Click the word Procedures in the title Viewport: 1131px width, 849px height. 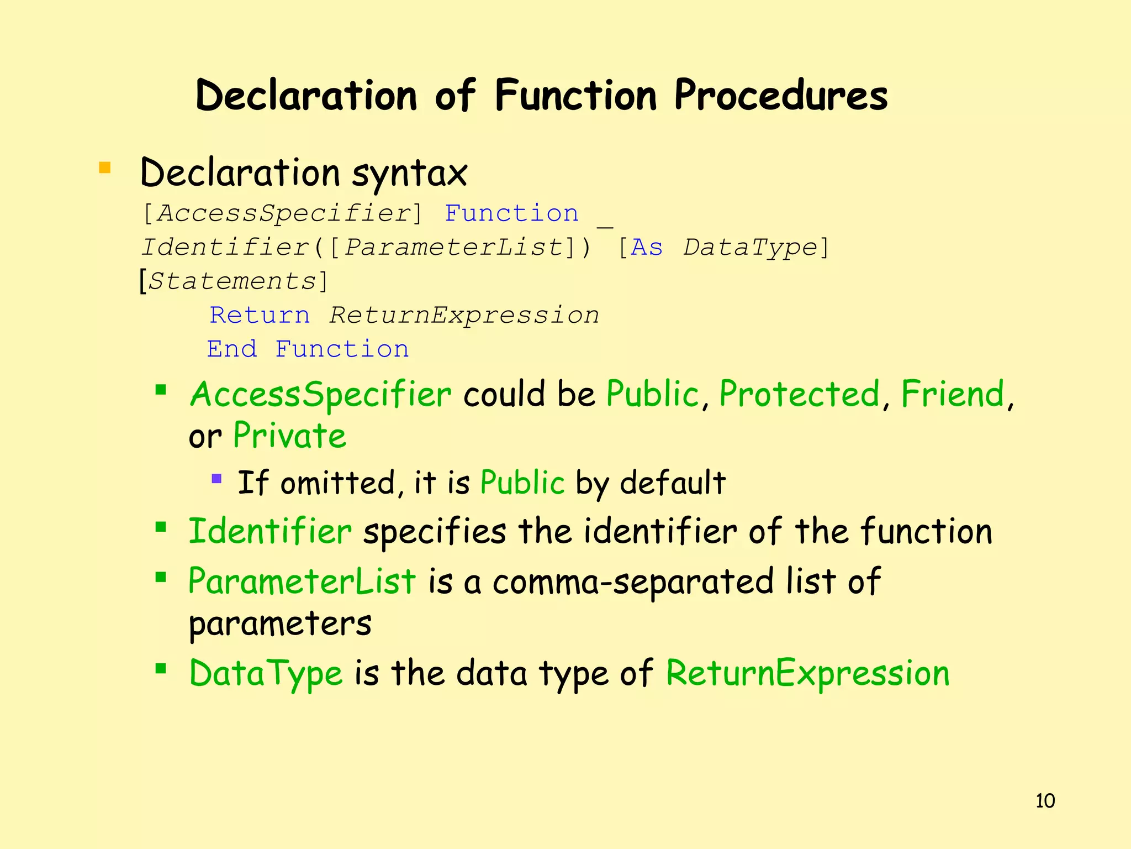click(x=780, y=96)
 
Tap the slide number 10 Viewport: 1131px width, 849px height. click(x=1045, y=801)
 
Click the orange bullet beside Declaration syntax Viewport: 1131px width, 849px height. click(x=104, y=167)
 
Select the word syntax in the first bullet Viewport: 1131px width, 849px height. click(x=409, y=174)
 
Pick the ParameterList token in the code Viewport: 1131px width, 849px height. click(x=453, y=248)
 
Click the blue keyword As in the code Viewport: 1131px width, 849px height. click(x=646, y=248)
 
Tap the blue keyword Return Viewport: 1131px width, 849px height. click(x=260, y=316)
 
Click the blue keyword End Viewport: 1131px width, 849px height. click(x=232, y=349)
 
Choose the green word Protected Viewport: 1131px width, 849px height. click(x=799, y=395)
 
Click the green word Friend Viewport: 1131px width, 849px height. click(x=953, y=395)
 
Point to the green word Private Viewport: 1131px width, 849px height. click(x=289, y=436)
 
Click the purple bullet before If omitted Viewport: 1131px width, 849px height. click(x=216, y=478)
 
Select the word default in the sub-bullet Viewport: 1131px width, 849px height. click(x=672, y=483)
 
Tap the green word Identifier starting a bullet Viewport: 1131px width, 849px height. click(x=270, y=532)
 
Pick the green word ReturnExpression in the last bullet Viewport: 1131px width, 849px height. click(x=807, y=674)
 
